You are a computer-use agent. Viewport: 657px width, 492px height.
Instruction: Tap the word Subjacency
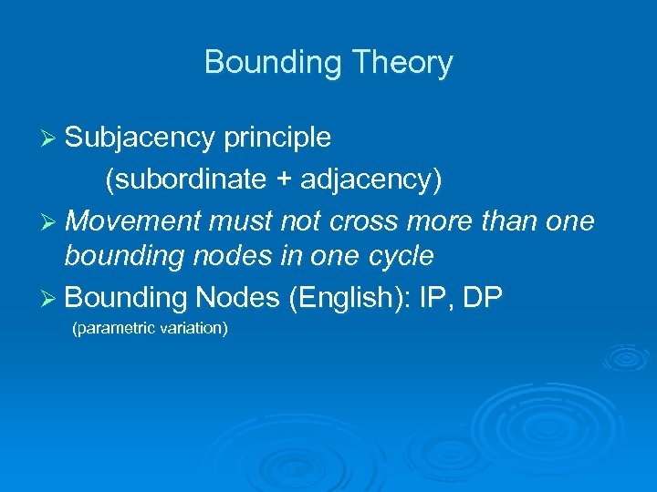140,138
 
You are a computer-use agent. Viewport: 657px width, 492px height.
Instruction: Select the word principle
276,138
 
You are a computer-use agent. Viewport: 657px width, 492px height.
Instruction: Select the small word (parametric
110,328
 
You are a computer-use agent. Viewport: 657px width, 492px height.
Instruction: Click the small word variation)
193,328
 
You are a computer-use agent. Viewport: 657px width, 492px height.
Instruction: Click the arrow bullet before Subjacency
51,138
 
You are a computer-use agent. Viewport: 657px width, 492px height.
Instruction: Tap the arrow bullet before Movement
51,222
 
